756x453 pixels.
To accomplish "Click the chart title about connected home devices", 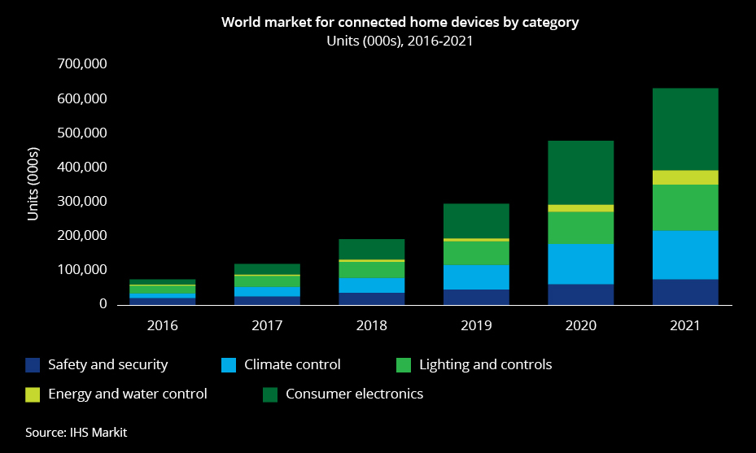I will [400, 23].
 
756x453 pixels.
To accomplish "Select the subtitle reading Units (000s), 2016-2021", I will [400, 41].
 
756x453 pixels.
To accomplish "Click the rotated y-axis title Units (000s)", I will [34, 184].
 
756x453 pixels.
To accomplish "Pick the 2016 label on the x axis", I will [163, 325].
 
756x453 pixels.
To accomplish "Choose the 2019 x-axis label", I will [476, 325].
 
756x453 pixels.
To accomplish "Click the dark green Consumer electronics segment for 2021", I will [685, 129].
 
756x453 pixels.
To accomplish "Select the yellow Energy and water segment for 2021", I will [685, 177].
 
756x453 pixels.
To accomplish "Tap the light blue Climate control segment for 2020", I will [581, 264].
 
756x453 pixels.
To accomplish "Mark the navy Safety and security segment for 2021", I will [685, 292].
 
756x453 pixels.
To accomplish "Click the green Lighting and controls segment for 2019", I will [476, 253].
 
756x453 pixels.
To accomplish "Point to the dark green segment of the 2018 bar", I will [372, 249].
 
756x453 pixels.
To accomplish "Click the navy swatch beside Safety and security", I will [32, 365].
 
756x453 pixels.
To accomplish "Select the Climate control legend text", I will [292, 364].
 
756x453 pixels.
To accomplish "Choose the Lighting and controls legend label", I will [485, 364].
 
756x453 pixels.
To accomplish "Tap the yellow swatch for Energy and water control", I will [32, 394].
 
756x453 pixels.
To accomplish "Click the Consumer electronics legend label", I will [354, 394].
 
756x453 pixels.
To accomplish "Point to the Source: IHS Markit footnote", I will [76, 432].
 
